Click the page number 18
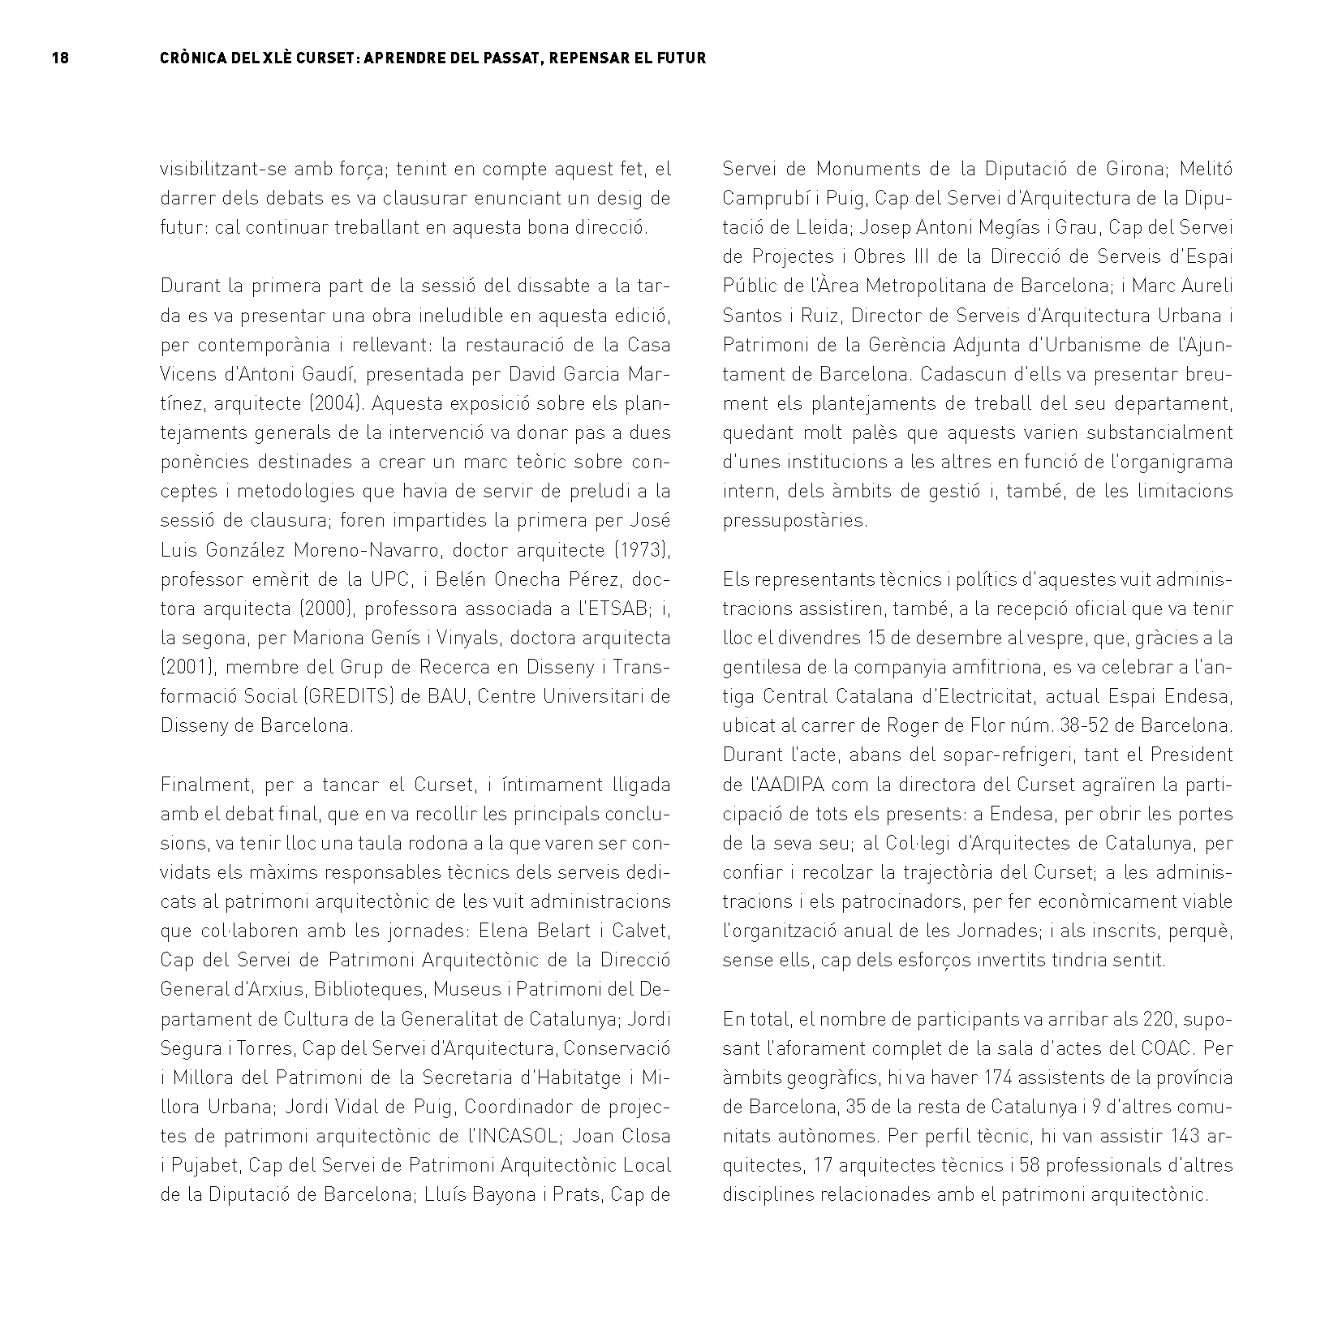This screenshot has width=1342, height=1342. (60, 58)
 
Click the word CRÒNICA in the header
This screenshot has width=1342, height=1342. (192, 58)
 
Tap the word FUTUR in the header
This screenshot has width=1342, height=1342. (682, 58)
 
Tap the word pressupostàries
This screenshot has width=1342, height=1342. (794, 520)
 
